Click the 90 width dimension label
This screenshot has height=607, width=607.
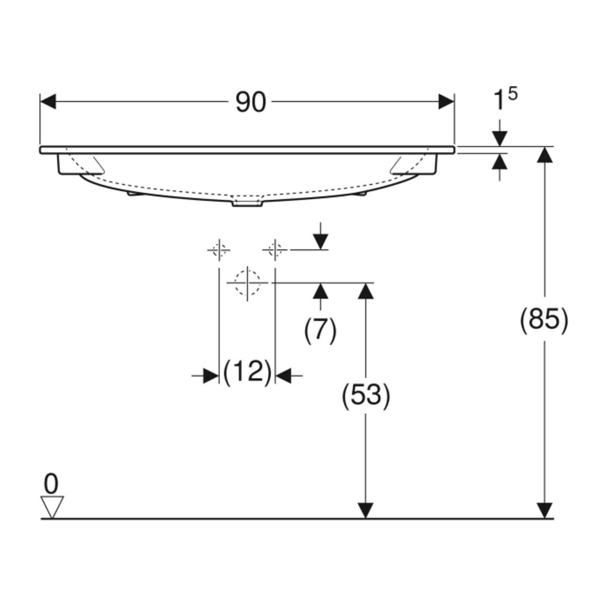tap(251, 103)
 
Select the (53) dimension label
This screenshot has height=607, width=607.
tap(366, 396)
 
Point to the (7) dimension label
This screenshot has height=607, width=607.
tap(321, 331)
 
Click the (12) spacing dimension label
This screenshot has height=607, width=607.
tap(247, 371)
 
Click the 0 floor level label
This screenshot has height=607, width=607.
tap(51, 484)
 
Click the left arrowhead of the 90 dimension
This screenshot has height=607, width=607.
tap(48, 102)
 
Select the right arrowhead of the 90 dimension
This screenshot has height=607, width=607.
tap(446, 102)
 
